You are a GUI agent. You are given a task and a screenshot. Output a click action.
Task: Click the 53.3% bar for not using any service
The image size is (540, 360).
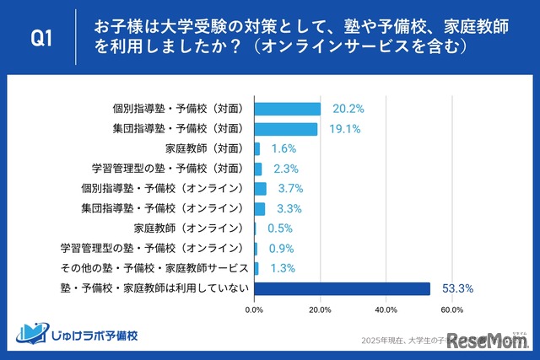click(342, 288)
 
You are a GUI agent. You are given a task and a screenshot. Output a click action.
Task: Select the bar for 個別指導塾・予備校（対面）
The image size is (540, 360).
click(287, 109)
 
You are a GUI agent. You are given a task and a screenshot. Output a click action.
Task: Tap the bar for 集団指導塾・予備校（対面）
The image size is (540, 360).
click(285, 129)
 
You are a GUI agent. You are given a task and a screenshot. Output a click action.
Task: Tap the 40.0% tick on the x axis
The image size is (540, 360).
click(386, 310)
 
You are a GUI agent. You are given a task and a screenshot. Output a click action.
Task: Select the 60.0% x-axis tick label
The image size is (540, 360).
click(451, 310)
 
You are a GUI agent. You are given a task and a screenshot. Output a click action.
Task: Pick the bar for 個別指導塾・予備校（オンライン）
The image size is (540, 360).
click(260, 189)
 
